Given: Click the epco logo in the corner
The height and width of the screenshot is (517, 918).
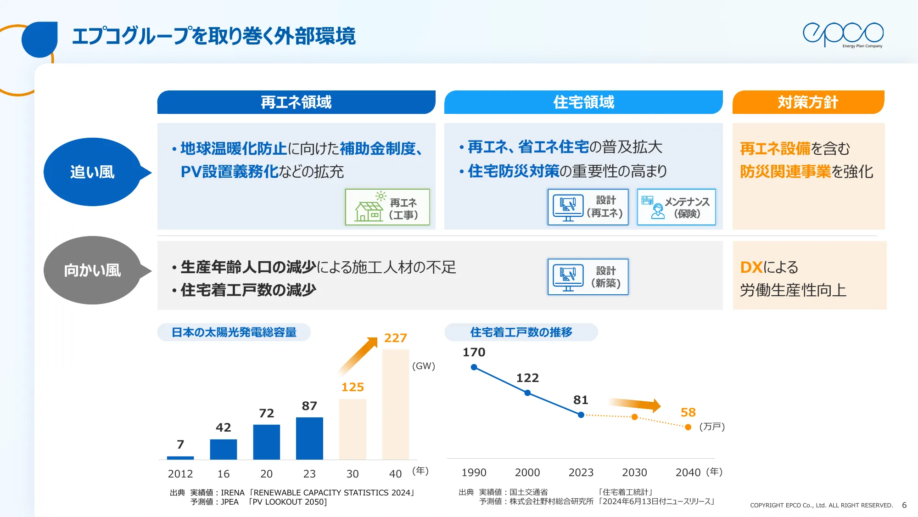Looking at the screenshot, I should click(843, 34).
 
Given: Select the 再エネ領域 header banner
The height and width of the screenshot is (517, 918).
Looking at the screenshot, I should click(296, 102).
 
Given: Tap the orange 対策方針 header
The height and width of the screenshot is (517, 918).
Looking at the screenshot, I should click(808, 102).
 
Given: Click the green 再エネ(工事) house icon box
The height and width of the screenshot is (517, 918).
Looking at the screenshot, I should click(387, 207).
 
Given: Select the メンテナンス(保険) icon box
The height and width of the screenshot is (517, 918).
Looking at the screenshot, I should click(676, 207).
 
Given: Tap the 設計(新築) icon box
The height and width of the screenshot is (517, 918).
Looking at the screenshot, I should click(588, 277).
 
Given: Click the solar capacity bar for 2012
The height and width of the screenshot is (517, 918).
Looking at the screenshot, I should click(180, 457).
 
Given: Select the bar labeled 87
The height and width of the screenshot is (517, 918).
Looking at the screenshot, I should click(309, 438).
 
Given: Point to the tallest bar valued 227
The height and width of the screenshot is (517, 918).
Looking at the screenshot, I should click(395, 404).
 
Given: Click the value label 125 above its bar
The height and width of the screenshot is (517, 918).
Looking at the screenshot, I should click(353, 387).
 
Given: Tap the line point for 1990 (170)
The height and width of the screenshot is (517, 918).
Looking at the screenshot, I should click(474, 367).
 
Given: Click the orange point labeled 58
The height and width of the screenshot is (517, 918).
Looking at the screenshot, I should click(688, 427).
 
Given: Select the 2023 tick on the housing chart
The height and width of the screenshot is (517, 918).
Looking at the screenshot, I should click(581, 472).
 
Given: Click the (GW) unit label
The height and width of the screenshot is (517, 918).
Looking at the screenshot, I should click(423, 366).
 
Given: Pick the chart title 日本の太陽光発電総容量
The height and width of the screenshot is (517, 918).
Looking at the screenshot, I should click(234, 332).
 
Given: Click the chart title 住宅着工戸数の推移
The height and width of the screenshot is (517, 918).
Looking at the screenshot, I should click(521, 332).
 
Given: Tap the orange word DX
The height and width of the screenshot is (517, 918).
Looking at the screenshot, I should click(751, 267).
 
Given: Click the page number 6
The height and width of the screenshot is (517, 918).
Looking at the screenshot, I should click(904, 505).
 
